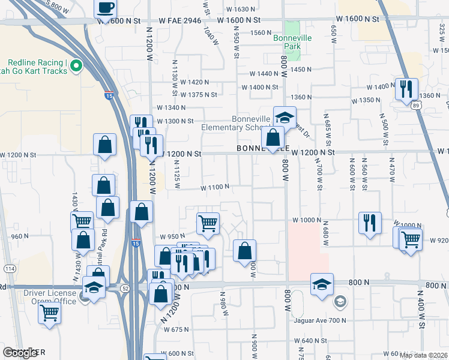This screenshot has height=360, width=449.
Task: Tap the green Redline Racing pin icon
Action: click(x=76, y=66)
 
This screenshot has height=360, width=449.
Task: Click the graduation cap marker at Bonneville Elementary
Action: click(x=285, y=117)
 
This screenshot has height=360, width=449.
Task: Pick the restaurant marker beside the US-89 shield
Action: click(x=406, y=89)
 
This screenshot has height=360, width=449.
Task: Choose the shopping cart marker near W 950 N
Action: click(x=208, y=223)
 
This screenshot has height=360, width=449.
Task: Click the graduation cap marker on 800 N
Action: click(x=322, y=284)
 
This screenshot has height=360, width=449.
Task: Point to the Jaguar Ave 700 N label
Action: click(x=321, y=321)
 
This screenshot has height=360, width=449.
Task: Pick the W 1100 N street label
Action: click(x=210, y=187)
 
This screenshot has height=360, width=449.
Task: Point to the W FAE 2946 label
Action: click(x=179, y=20)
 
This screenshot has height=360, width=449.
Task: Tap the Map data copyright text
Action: click(x=423, y=355)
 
